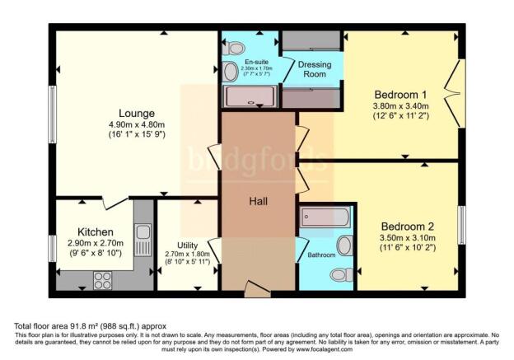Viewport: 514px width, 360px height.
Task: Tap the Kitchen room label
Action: [96, 232]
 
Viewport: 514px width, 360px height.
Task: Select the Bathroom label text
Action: [322, 255]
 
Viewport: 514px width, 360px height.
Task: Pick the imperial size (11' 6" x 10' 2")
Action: [408, 246]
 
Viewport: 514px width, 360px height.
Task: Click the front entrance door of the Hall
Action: [257, 288]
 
